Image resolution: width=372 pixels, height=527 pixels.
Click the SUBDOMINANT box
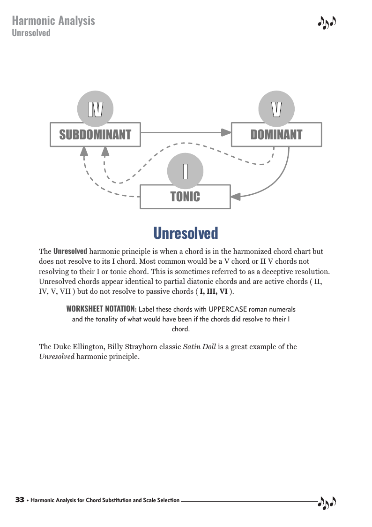95,135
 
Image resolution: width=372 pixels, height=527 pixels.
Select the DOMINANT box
276,135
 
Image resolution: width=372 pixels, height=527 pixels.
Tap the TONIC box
185,197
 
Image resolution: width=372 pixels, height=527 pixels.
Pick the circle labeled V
276,109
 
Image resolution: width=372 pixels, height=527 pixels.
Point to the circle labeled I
186,171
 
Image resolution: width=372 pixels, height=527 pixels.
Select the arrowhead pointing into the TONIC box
236,197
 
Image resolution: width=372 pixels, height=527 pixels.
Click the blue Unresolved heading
186,233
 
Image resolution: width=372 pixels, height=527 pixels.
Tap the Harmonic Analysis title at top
53,21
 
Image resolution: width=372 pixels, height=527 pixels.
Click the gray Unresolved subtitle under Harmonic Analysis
31,33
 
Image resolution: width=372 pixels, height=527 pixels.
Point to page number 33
20,500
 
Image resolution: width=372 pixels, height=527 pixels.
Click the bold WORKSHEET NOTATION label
101,309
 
